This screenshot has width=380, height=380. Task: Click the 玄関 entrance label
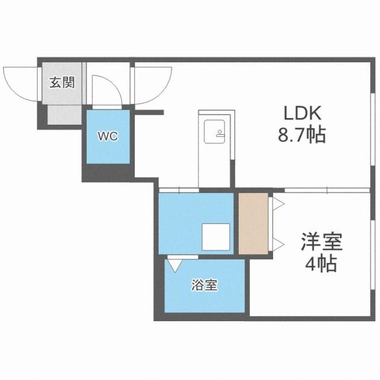point(62,82)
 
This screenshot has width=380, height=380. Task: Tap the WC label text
point(107,136)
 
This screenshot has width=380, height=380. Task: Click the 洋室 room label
point(321,243)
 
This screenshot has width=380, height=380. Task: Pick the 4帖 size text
point(321,263)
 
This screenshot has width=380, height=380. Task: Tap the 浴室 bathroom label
point(204,286)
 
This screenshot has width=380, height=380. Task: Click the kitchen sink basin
point(212,131)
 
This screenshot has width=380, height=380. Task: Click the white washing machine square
point(214,236)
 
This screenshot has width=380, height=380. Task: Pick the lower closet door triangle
point(276,242)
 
